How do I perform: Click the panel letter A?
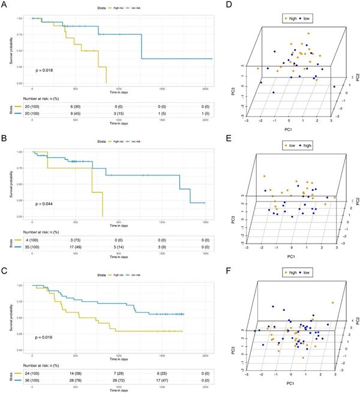(5, 7)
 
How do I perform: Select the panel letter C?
(5, 271)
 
